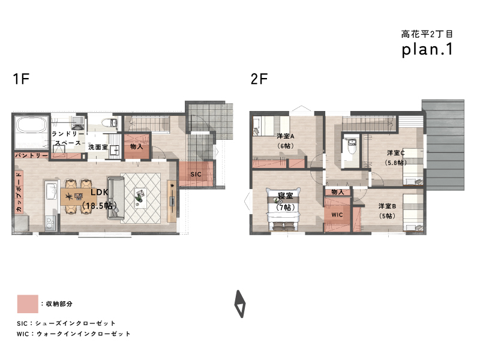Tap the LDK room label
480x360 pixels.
99,192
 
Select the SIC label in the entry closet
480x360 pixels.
196,174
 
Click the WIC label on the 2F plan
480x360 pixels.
337,215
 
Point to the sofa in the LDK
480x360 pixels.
116,199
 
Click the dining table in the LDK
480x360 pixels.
76,196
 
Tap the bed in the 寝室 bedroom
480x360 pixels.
283,209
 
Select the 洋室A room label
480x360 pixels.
286,136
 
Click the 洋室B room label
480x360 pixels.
387,206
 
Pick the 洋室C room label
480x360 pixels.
395,152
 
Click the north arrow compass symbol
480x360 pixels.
240,304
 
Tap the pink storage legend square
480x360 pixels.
28,304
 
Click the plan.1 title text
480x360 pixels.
427,49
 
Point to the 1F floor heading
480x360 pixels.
21,79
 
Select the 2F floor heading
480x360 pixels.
259,79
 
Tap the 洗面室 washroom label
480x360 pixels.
98,147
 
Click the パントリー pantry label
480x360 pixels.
32,155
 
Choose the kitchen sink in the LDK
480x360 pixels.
51,190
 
